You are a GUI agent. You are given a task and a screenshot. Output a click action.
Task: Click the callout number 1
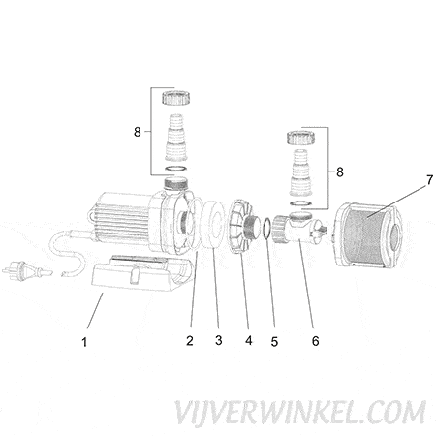[84, 342]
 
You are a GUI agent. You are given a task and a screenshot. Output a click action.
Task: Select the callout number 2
[190, 340]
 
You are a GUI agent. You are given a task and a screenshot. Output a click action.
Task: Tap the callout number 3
[219, 340]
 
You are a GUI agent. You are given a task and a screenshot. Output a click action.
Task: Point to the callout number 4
[248, 340]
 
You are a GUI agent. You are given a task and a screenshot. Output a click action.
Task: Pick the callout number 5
[274, 342]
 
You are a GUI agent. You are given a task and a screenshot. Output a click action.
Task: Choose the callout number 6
[316, 341]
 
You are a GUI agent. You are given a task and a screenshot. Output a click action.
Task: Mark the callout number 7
[429, 180]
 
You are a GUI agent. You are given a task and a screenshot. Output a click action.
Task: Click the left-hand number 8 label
[138, 132]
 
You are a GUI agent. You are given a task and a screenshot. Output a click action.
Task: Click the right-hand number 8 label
[340, 172]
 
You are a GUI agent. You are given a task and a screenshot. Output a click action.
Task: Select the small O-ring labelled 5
[267, 229]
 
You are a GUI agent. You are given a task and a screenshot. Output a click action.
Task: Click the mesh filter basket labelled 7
[367, 235]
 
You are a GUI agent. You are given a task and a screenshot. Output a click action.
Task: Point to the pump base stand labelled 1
[142, 273]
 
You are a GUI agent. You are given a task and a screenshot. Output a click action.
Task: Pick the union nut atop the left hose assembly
[175, 98]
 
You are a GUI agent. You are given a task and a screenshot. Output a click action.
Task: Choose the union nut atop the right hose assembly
[300, 138]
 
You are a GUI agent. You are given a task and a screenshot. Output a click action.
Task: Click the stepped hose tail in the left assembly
[176, 138]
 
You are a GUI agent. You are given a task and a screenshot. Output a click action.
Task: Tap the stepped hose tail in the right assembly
[301, 173]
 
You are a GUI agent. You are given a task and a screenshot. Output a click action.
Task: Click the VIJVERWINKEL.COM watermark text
[300, 413]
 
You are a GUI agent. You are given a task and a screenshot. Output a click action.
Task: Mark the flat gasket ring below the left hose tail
[176, 169]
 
